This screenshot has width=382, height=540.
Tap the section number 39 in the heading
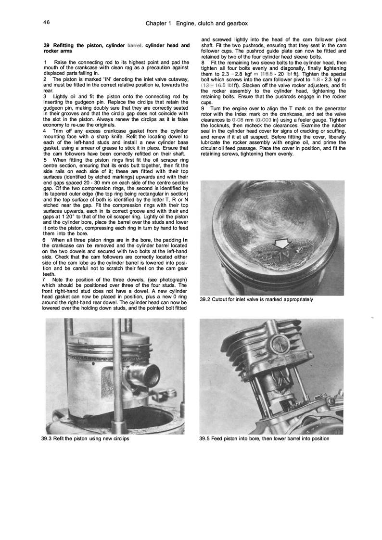(47, 46)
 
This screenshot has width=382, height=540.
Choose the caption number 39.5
(204, 439)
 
